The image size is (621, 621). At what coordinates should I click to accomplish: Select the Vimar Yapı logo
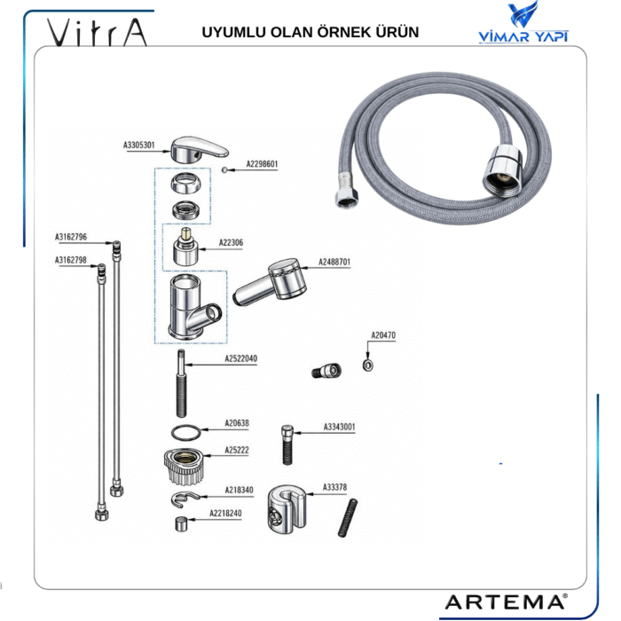(x=523, y=25)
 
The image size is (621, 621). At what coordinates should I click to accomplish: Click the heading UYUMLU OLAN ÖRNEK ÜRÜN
(x=310, y=33)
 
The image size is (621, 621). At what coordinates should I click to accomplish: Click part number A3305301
(x=139, y=144)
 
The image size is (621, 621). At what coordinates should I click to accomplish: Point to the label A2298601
(x=262, y=164)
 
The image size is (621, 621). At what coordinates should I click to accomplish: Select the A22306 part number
(x=231, y=242)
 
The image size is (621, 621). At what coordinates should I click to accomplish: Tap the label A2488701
(x=334, y=263)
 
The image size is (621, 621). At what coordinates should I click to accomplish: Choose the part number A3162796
(x=71, y=237)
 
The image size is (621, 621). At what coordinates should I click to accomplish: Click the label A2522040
(x=240, y=359)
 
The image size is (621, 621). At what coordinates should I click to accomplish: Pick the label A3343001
(x=339, y=427)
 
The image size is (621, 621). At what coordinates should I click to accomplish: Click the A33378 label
(x=334, y=487)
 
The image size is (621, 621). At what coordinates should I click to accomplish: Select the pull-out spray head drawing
(x=270, y=280)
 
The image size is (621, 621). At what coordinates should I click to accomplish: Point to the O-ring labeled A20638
(x=184, y=432)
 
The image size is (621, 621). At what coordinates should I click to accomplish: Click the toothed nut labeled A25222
(x=186, y=462)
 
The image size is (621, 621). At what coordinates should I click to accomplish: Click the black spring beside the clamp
(x=347, y=517)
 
